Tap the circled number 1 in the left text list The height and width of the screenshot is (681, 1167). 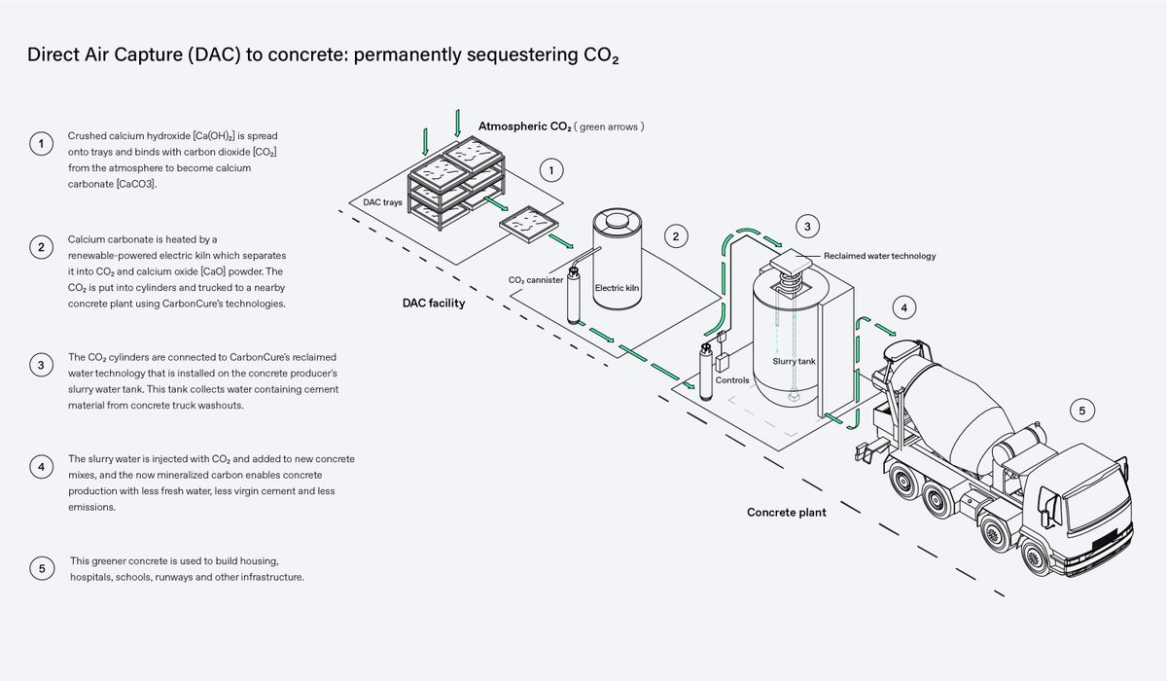coord(40,144)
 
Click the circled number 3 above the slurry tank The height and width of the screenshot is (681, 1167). coord(807,227)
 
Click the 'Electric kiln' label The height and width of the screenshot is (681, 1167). coord(616,289)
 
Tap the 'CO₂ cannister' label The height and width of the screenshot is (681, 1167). coord(536,280)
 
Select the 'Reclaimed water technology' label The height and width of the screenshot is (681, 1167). coord(879,256)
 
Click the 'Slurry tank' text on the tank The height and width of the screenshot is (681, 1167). coord(794,361)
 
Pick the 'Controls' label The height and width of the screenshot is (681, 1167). coord(732,380)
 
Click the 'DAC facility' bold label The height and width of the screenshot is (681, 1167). coord(434,303)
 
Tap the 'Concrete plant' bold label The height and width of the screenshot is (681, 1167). coord(786,512)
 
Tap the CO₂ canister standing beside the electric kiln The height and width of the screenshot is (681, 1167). coord(575,296)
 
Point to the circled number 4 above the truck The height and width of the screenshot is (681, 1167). coord(903,308)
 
